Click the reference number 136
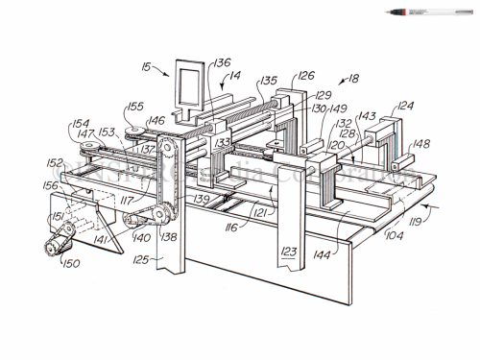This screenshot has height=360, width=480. [x=222, y=64]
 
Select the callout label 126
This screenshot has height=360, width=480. [x=304, y=74]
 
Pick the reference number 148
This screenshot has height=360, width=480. [x=421, y=146]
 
